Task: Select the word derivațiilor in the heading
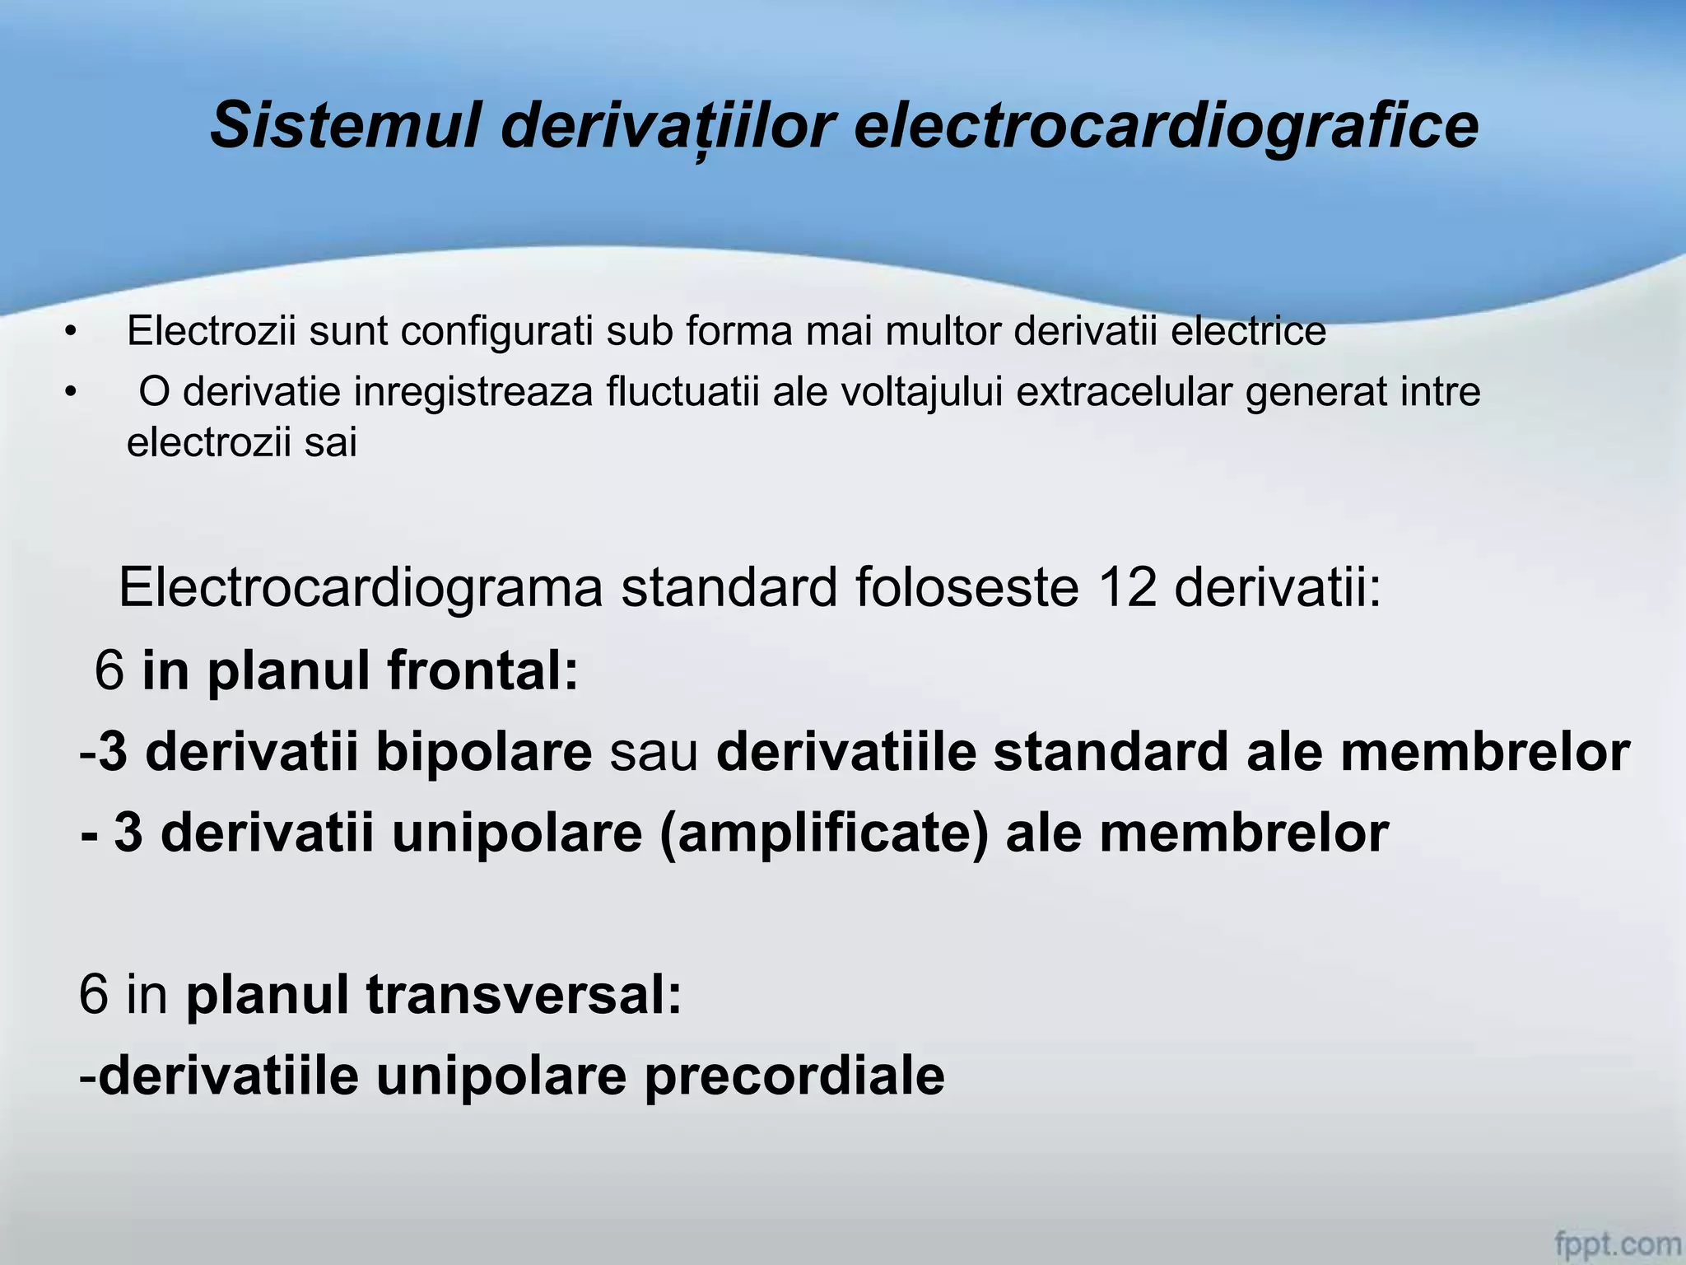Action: coord(668,126)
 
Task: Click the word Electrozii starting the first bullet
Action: coord(211,331)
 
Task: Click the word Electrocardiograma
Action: coord(361,587)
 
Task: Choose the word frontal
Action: coord(482,670)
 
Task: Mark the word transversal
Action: coord(524,994)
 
